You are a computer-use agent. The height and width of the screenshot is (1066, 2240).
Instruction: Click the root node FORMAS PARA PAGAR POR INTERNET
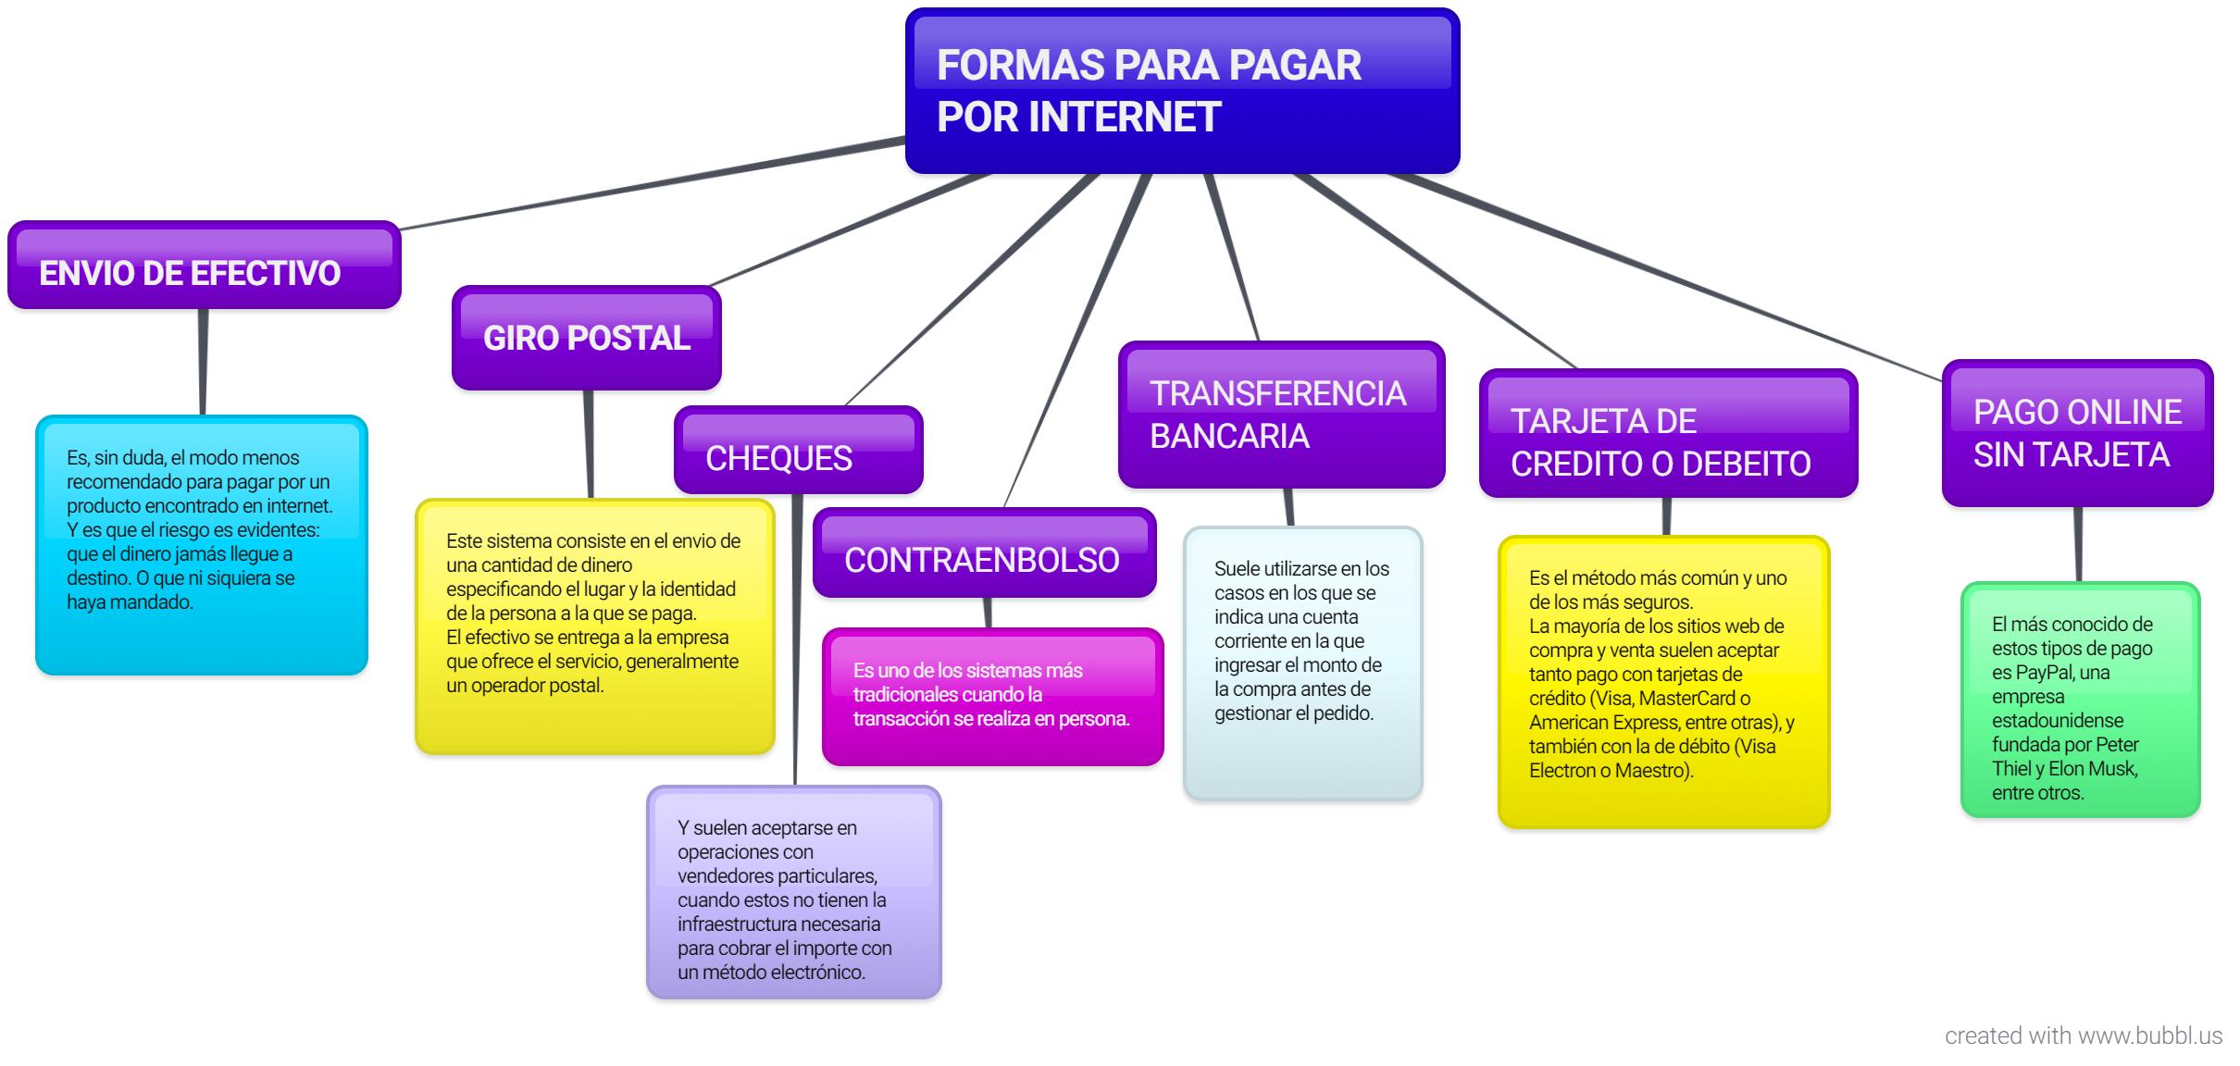pyautogui.click(x=1182, y=91)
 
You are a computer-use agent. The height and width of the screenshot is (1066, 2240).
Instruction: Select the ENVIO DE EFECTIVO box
pyautogui.click(x=205, y=265)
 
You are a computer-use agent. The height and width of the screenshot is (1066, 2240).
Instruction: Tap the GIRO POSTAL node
pyautogui.click(x=587, y=338)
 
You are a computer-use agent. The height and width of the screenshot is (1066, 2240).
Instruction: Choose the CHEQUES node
pyautogui.click(x=799, y=450)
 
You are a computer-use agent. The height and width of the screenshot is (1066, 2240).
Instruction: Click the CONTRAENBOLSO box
pyautogui.click(x=985, y=552)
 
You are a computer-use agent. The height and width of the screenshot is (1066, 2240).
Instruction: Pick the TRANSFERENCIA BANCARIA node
pyautogui.click(x=1282, y=415)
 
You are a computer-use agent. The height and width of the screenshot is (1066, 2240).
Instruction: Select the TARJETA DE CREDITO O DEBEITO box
pyautogui.click(x=1669, y=433)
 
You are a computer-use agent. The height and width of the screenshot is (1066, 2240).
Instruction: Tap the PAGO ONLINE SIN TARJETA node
pyautogui.click(x=2078, y=433)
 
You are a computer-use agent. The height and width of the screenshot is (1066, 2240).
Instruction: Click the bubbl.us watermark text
pyautogui.click(x=2084, y=1035)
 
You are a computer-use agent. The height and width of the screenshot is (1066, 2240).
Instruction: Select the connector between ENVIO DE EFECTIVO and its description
pyautogui.click(x=203, y=362)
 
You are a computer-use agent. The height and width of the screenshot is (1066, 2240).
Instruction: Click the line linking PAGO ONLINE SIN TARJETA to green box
pyautogui.click(x=2078, y=544)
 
